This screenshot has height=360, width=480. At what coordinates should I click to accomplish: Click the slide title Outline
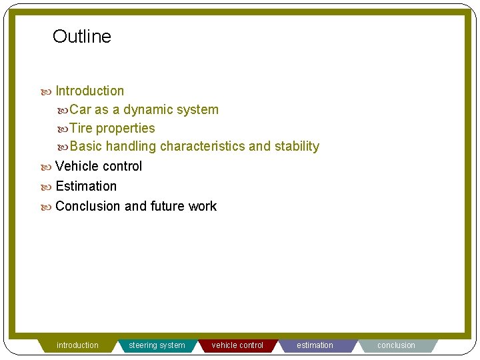pos(82,37)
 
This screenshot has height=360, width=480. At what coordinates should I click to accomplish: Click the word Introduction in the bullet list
pos(89,91)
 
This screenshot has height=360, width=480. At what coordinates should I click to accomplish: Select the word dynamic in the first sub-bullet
pos(145,110)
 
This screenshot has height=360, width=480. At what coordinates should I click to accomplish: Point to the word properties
pos(125,129)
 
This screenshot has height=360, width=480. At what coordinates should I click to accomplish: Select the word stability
pos(297,147)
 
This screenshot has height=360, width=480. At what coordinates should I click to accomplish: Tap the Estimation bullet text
pos(86,186)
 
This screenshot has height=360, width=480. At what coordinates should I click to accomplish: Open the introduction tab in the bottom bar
pos(77,345)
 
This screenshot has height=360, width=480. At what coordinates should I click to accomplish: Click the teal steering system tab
pos(157,345)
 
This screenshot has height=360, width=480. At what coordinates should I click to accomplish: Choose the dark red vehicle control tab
pos(237,345)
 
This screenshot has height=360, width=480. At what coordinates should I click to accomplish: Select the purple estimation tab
pos(315,345)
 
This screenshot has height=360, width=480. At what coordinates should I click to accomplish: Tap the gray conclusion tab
pos(396,345)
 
